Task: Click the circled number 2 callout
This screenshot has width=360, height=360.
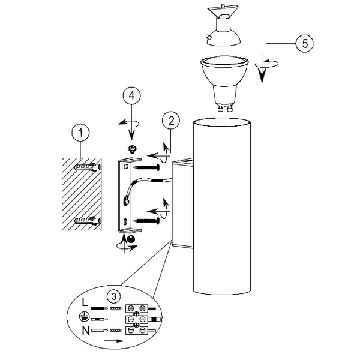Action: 172,121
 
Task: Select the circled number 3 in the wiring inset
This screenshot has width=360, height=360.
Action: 113,295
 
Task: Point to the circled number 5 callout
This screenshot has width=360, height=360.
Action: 305,43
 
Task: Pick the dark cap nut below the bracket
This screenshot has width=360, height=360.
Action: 131,238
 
